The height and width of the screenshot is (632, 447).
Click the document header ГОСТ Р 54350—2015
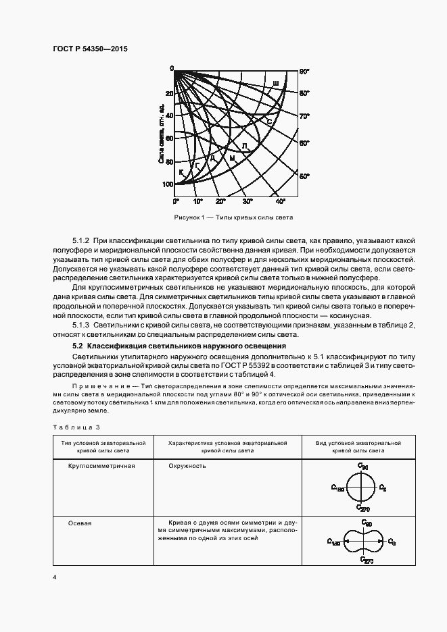click(x=89, y=49)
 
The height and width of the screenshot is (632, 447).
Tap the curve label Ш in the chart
click(x=275, y=84)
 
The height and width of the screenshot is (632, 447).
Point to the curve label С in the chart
click(x=268, y=122)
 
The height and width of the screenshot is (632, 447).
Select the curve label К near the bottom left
click(x=181, y=174)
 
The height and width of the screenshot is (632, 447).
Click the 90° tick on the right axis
click(x=304, y=71)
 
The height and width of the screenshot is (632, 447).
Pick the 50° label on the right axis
click(x=304, y=176)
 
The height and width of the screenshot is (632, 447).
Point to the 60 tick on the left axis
click(x=169, y=138)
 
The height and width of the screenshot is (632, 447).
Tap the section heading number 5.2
click(x=78, y=346)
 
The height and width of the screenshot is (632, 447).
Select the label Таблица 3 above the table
click(x=75, y=427)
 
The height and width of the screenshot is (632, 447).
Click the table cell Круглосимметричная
click(x=101, y=466)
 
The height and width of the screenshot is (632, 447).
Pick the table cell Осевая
click(x=80, y=523)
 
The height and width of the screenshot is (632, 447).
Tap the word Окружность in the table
click(x=188, y=466)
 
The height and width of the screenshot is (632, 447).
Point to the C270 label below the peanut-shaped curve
click(x=366, y=560)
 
